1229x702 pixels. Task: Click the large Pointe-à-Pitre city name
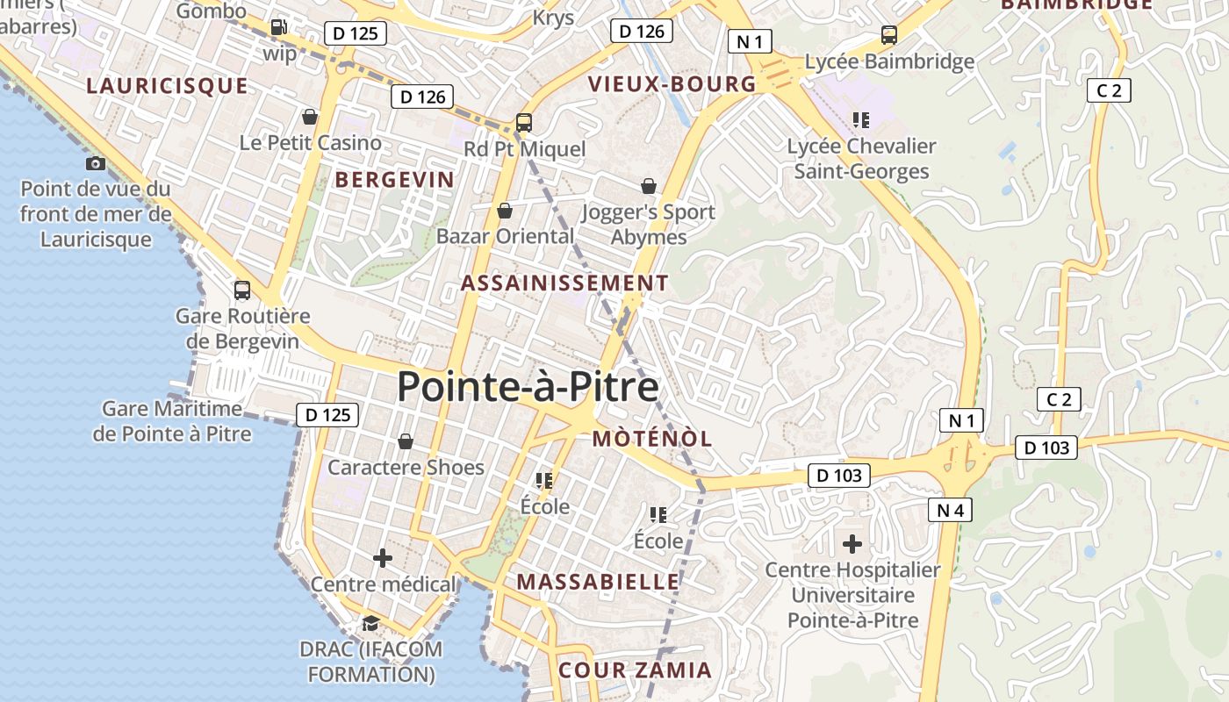point(528,387)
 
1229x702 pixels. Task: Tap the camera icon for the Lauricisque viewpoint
point(96,163)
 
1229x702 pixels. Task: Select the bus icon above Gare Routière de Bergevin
point(242,290)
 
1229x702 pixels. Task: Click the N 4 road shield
point(950,510)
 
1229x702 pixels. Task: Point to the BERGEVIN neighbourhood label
point(395,180)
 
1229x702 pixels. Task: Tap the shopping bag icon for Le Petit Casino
point(309,117)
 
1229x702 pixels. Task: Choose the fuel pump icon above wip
point(279,27)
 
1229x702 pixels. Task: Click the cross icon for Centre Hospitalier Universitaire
point(852,544)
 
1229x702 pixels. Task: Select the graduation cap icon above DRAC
point(370,623)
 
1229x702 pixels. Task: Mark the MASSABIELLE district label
point(598,582)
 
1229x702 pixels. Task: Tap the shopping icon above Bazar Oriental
point(505,211)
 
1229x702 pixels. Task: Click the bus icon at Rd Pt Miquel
point(524,123)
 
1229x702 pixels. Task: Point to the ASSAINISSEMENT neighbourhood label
point(564,283)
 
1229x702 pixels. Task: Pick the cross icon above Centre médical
point(383,557)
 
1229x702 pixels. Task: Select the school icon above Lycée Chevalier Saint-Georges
point(861,119)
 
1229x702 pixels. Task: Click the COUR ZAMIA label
point(636,670)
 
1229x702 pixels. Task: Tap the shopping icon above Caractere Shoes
point(406,441)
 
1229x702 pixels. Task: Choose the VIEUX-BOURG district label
point(672,84)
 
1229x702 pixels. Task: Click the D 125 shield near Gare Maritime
point(327,415)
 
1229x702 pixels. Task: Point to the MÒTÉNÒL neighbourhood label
point(652,439)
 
